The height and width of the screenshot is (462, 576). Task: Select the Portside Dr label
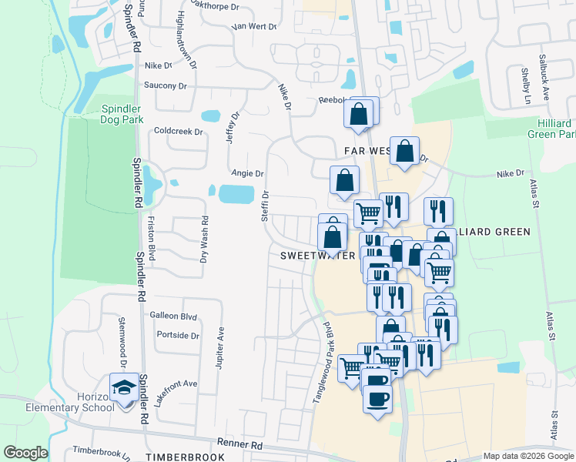(x=177, y=335)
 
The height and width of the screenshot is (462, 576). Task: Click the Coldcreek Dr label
(x=178, y=131)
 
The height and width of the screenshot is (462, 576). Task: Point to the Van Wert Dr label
(x=254, y=26)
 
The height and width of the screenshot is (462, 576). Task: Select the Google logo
(x=25, y=453)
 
